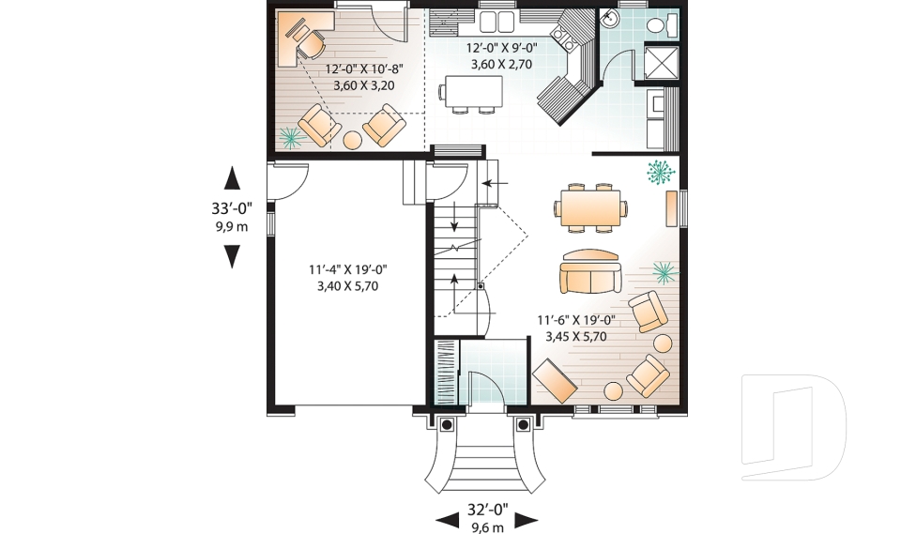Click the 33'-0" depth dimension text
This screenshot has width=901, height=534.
click(x=232, y=209)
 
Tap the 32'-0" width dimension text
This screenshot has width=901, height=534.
click(x=486, y=511)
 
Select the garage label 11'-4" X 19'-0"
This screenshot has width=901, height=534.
click(x=347, y=278)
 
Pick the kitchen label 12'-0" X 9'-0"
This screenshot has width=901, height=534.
click(x=502, y=56)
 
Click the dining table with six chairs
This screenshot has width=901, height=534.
click(x=589, y=207)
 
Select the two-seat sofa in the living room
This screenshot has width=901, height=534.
click(x=589, y=272)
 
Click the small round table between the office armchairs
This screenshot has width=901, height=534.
click(x=353, y=140)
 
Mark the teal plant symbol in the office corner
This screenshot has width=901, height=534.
click(x=290, y=137)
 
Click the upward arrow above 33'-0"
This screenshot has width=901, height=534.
click(x=232, y=179)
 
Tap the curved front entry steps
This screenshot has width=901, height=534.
click(x=485, y=460)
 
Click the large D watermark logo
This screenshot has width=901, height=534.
click(x=793, y=428)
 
